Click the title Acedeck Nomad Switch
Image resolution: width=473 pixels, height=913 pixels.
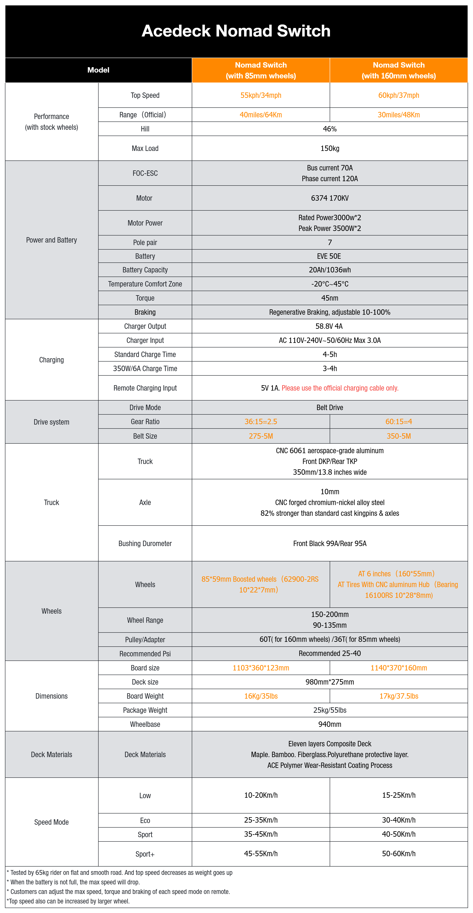tap(236, 31)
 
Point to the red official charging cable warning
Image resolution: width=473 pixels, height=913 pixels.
tap(340, 388)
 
